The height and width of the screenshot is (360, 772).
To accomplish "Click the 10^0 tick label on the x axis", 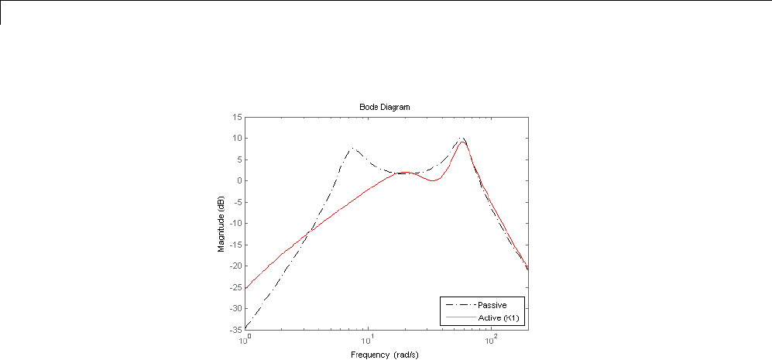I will [x=245, y=338].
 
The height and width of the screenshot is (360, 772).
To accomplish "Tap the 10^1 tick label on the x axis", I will [x=369, y=338].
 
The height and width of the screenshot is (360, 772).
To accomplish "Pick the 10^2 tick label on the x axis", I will [x=492, y=338].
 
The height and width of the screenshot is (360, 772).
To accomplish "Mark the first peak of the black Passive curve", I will [x=352, y=148].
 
